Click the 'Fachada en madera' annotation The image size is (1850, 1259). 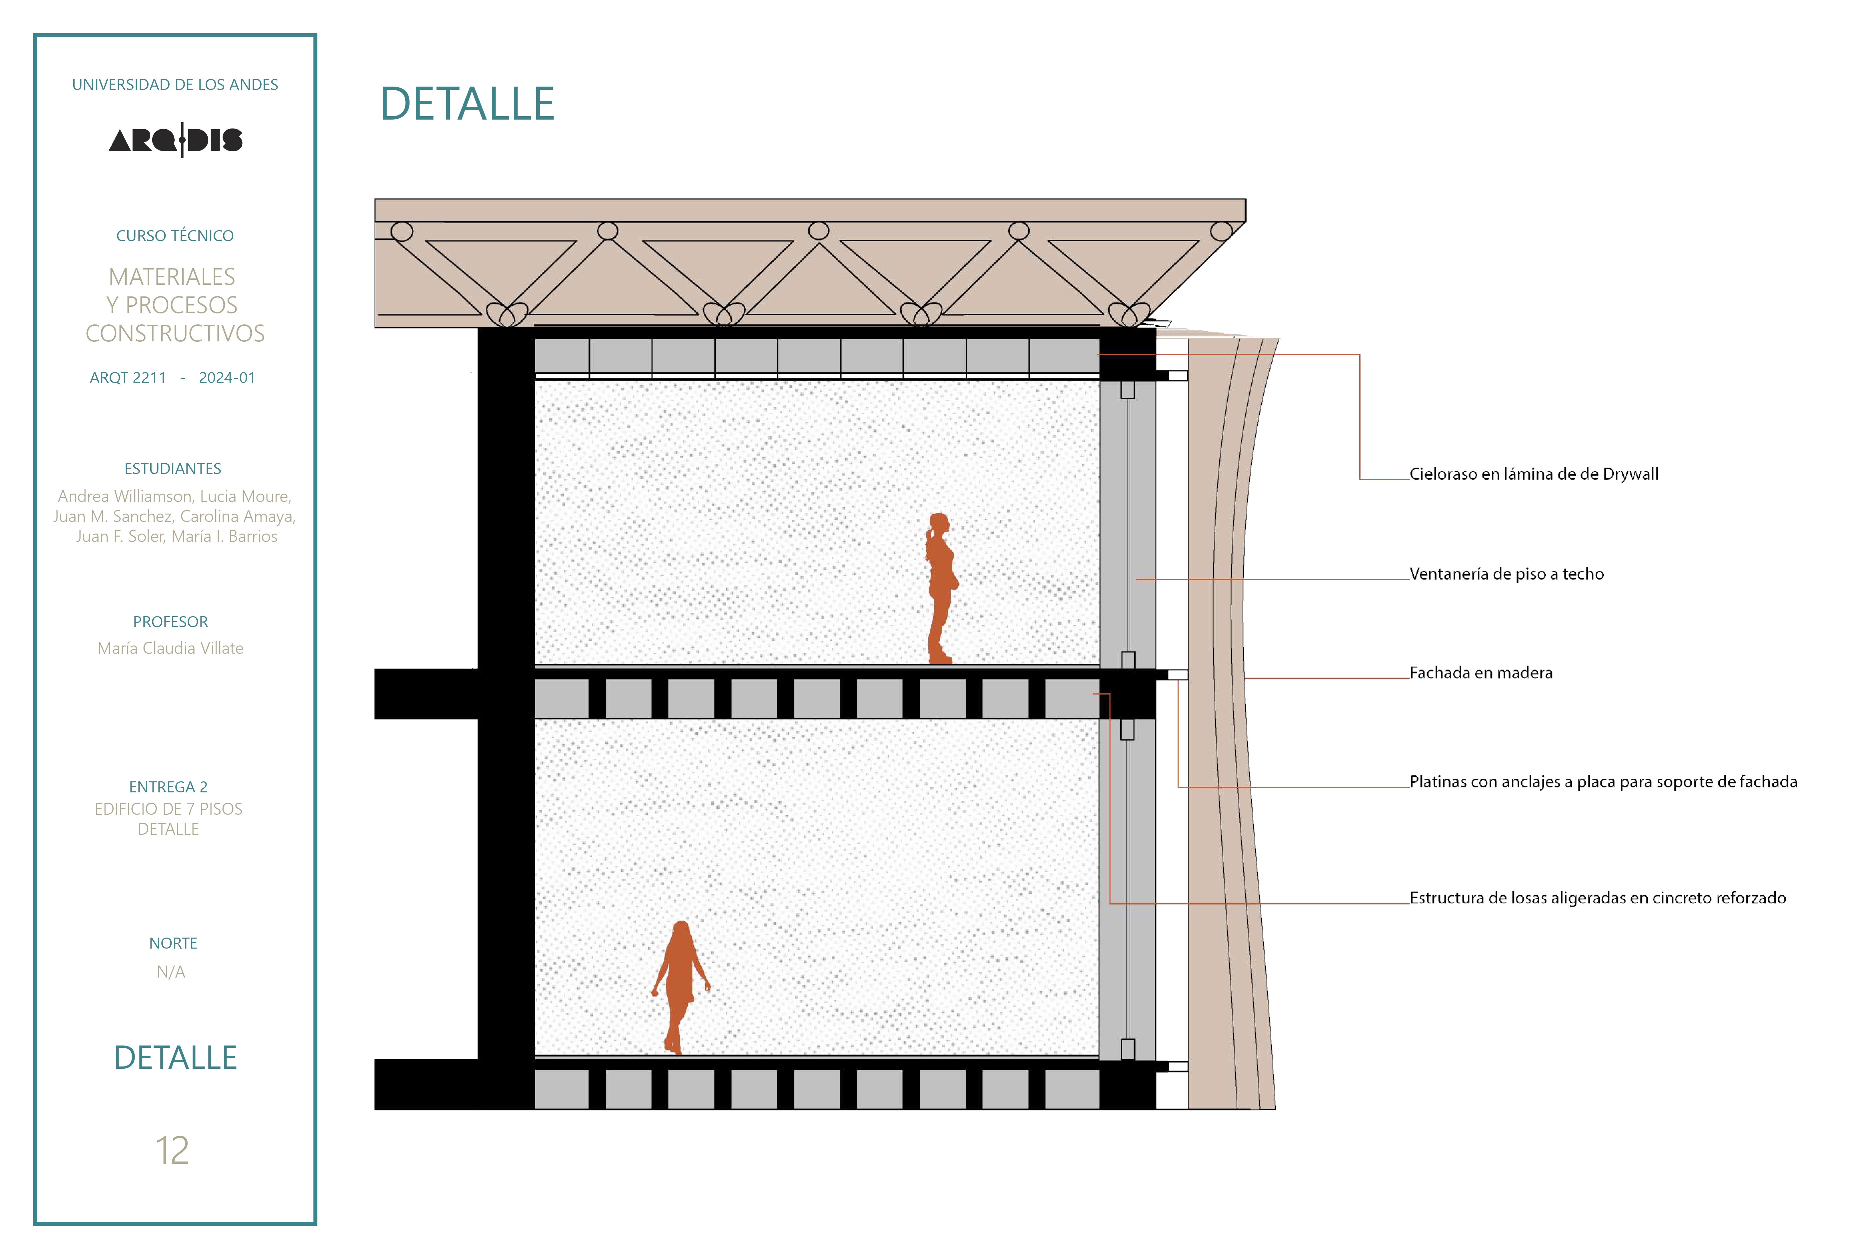click(1481, 673)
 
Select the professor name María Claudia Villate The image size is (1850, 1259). click(170, 648)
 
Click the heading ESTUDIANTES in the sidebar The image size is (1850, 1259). click(173, 469)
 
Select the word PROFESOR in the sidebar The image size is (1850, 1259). click(170, 622)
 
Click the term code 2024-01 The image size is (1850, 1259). click(227, 378)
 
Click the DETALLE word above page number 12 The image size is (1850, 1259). click(175, 1057)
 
